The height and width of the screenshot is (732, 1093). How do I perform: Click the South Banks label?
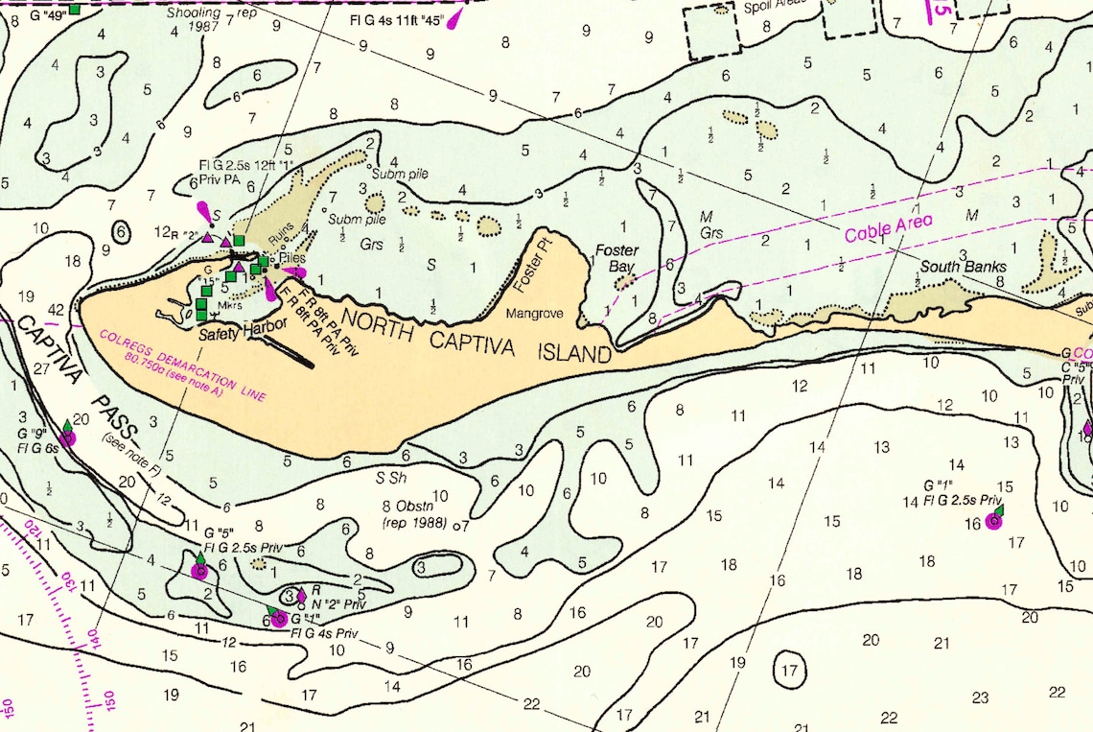point(964,266)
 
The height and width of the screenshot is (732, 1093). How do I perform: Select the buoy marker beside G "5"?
point(199,570)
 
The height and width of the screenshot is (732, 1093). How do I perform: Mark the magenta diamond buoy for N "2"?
point(302,595)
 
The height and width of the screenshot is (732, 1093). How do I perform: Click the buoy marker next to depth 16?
point(993,521)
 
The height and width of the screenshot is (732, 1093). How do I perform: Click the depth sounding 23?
point(979,697)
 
